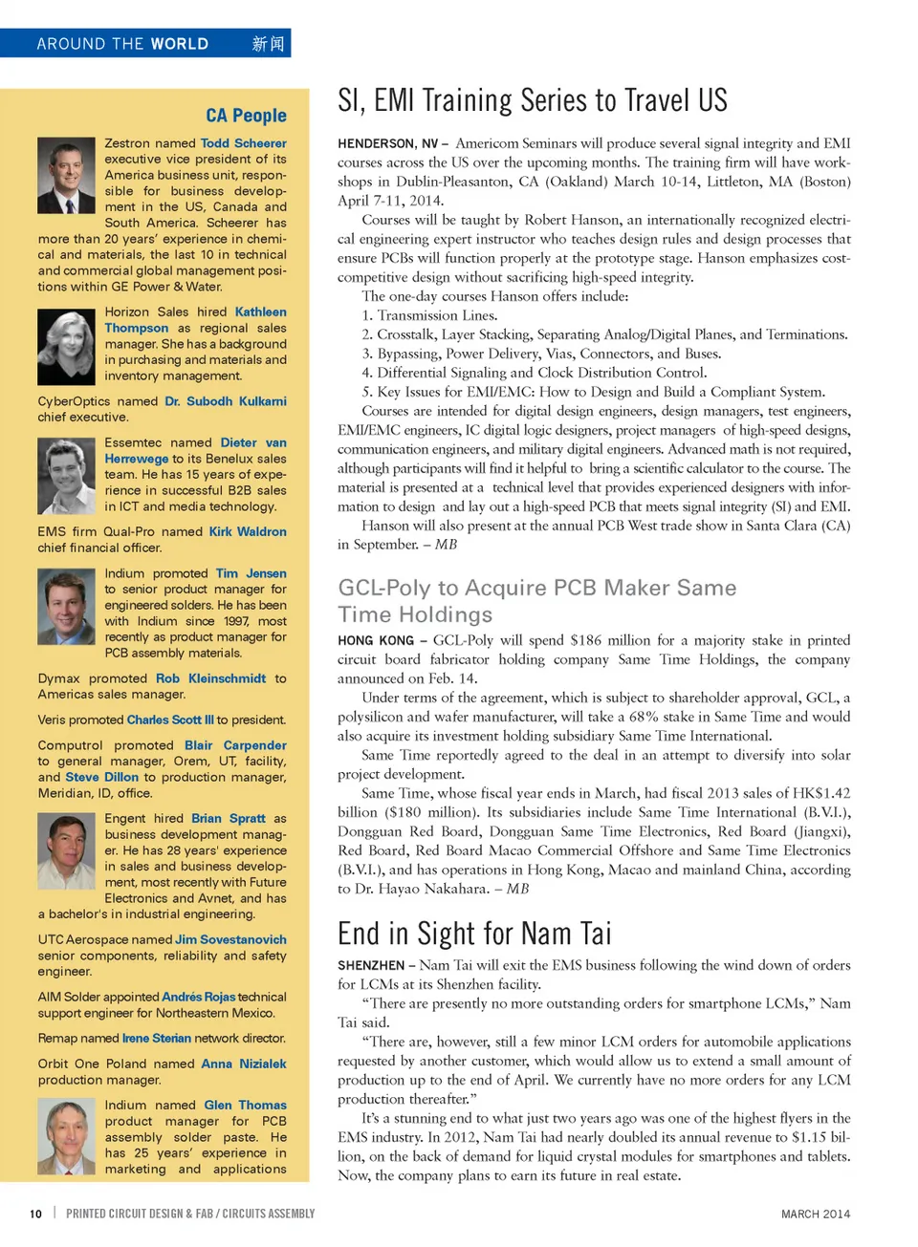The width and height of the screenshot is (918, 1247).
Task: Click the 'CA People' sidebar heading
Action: (246, 116)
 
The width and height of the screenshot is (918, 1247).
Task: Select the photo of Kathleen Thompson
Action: (66, 346)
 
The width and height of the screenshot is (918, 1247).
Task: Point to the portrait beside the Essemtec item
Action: (66, 475)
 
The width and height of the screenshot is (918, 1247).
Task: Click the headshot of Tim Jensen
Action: (66, 606)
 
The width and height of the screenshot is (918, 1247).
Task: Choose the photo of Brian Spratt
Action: (66, 851)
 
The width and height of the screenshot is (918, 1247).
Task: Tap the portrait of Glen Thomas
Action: (66, 1137)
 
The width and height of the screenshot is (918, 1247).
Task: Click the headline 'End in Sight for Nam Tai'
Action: (474, 933)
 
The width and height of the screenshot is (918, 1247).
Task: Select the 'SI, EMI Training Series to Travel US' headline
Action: (532, 100)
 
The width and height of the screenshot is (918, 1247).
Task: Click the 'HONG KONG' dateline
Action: (376, 641)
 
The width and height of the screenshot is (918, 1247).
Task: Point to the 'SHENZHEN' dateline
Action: (371, 966)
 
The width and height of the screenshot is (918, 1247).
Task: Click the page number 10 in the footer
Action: (36, 1214)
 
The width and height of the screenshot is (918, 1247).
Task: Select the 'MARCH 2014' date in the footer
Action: (815, 1214)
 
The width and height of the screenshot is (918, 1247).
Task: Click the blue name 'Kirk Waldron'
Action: (248, 532)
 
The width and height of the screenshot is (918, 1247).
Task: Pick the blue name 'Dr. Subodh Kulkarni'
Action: (226, 401)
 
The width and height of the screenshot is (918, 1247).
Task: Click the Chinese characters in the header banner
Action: (268, 44)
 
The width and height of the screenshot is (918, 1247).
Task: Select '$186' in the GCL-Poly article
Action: (586, 640)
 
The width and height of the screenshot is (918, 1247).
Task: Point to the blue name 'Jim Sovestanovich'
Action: (230, 939)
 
